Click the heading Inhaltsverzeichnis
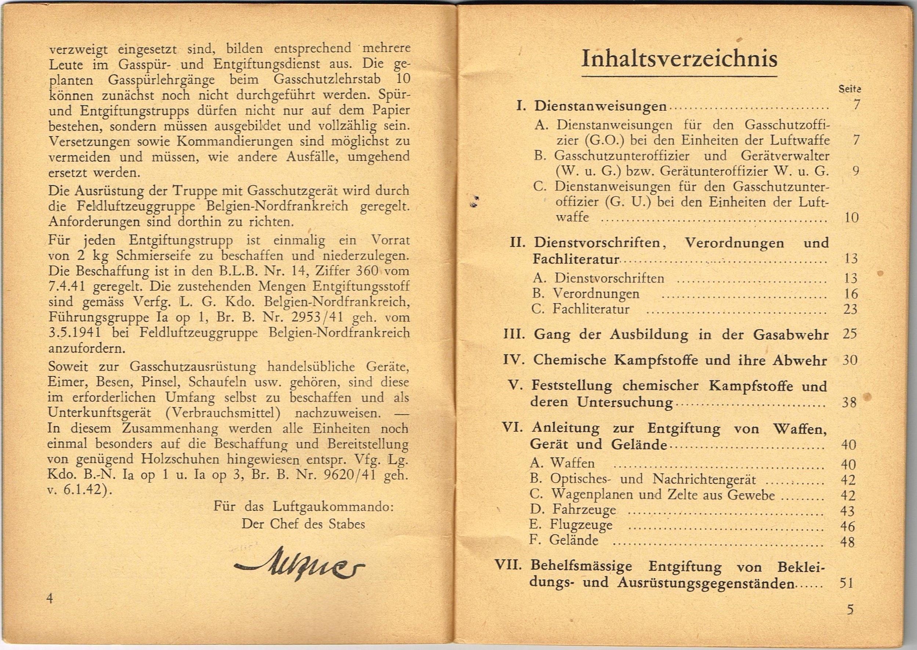(679, 59)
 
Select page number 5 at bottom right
(851, 609)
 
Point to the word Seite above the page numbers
(850, 89)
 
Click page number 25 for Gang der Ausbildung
(850, 334)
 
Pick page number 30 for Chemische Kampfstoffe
(850, 360)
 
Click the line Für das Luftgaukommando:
(303, 507)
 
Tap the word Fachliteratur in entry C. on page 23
(591, 309)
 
